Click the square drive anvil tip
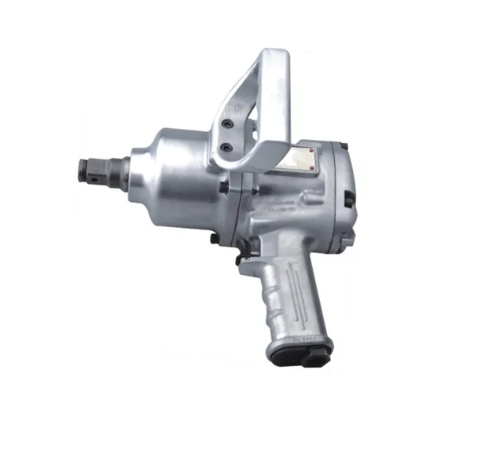tap(89, 168)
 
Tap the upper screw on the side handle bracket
tap(228, 125)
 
